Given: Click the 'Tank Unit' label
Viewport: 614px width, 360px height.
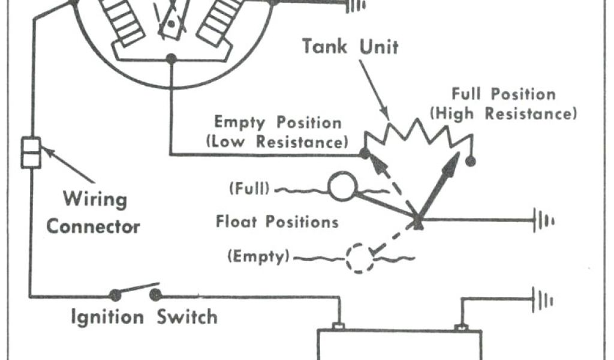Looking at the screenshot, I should click(350, 47).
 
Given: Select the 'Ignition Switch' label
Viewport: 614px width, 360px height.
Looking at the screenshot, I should click(144, 316).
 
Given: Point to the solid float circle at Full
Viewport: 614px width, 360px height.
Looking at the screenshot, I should click(341, 187).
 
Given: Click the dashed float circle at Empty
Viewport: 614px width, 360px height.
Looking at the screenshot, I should click(360, 259).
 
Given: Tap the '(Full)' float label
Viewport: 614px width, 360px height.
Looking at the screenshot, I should click(248, 190).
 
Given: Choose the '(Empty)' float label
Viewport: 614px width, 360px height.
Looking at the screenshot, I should click(258, 257).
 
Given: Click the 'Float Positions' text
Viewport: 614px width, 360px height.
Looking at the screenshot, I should click(277, 222).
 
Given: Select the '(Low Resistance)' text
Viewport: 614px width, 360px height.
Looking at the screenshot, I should click(276, 143).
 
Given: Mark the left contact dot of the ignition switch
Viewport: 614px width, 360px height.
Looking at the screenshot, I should click(115, 295).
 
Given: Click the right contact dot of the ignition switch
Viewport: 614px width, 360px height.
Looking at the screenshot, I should click(156, 295).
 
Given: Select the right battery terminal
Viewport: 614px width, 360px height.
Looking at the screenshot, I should click(460, 328).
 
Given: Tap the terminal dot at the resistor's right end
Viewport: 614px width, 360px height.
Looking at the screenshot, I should click(471, 161).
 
